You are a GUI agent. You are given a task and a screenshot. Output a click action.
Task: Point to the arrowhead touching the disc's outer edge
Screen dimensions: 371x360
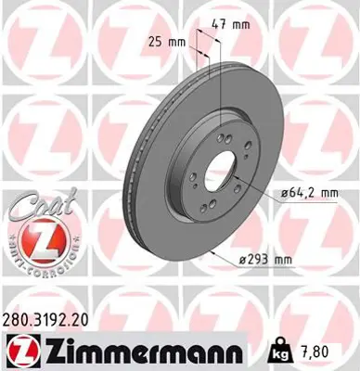[x=217, y=250]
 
